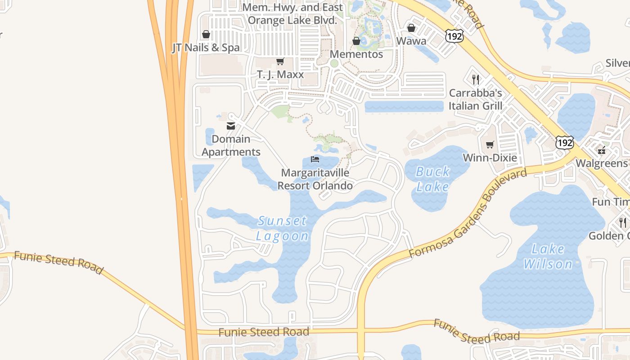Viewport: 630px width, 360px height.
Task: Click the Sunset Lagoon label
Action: coord(283,228)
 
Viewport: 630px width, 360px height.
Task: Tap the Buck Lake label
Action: coord(432,179)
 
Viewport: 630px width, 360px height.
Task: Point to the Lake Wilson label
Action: coord(548,256)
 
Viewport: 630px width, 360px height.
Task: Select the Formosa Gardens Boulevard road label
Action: coord(468,214)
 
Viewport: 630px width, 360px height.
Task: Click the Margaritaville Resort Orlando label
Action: coord(315,179)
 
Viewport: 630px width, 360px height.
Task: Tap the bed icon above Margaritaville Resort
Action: coord(315,160)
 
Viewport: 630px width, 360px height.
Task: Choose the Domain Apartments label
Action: coord(231,145)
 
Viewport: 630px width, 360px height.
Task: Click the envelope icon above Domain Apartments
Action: coord(231,126)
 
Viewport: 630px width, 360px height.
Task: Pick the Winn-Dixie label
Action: coord(490,158)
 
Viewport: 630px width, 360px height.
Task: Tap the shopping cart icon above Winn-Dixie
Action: coord(490,144)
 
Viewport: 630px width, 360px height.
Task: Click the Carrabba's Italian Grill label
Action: coord(475,99)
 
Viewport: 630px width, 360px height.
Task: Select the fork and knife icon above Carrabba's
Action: coord(476,80)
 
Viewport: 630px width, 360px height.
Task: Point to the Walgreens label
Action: coord(601,163)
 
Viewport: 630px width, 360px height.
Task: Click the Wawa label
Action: coord(411,41)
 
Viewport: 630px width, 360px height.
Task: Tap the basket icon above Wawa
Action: coord(411,28)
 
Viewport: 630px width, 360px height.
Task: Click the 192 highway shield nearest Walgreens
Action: coord(564,143)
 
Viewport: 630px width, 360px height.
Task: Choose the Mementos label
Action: coord(356,54)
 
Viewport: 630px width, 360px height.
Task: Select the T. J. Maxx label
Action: coord(280,74)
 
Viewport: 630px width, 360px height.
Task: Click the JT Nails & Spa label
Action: coord(206,48)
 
